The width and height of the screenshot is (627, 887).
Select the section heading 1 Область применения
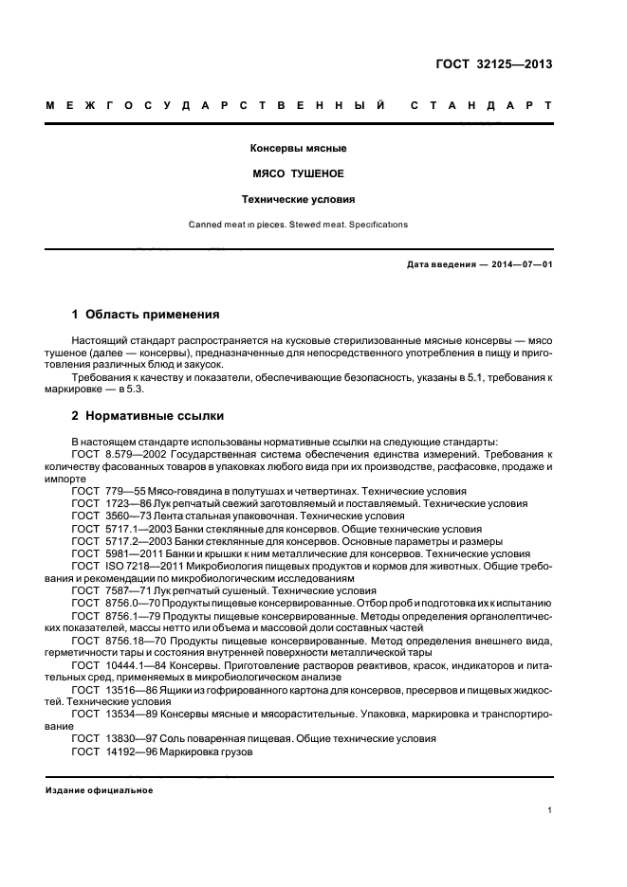point(146,314)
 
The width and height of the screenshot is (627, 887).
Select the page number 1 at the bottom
point(550,810)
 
